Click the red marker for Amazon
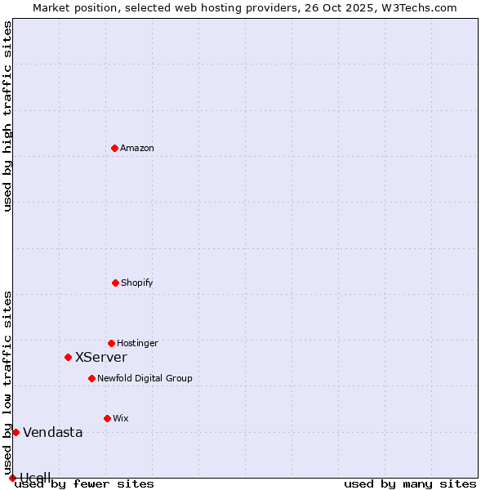(114, 148)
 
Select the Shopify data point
(115, 283)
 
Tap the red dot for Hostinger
(111, 343)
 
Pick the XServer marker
(68, 357)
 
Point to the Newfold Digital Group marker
(91, 378)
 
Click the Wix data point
(107, 418)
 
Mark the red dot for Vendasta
(16, 432)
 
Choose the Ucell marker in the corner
(12, 478)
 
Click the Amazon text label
(137, 148)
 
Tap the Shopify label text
(137, 283)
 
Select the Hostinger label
(137, 343)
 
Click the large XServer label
(101, 357)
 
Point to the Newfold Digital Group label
(145, 378)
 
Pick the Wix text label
(121, 418)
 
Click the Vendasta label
(53, 432)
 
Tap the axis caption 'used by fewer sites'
(84, 483)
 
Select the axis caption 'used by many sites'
(410, 483)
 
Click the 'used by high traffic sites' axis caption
(7, 116)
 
